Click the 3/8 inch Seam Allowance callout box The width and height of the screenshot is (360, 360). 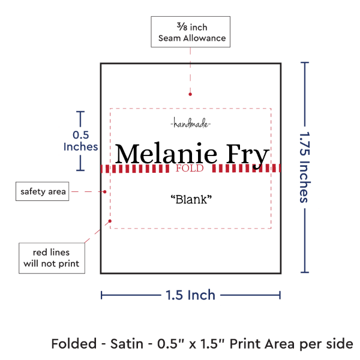click(191, 32)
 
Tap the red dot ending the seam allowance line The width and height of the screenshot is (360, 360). click(190, 94)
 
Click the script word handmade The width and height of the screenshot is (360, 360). click(191, 123)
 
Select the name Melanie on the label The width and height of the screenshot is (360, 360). click(166, 153)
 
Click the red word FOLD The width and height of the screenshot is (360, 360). click(190, 168)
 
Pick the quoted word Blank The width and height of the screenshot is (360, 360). click(191, 199)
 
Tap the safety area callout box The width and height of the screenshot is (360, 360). click(42, 191)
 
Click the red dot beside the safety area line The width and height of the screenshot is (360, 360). click(104, 191)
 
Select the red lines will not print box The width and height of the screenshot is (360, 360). click(52, 258)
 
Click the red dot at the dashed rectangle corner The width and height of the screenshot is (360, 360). click(110, 221)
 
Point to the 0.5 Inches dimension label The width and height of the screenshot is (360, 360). click(80, 141)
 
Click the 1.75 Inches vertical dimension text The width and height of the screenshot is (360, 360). click(305, 167)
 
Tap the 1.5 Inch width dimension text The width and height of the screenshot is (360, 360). click(191, 295)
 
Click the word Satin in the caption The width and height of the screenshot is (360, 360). click(127, 344)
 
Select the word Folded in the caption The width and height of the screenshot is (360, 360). click(74, 344)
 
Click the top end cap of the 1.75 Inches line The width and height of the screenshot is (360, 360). click(305, 62)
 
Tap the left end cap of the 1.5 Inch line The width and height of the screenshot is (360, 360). click(101, 295)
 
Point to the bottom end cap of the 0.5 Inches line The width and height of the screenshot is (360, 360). click(80, 170)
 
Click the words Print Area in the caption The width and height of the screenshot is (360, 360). click(262, 344)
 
